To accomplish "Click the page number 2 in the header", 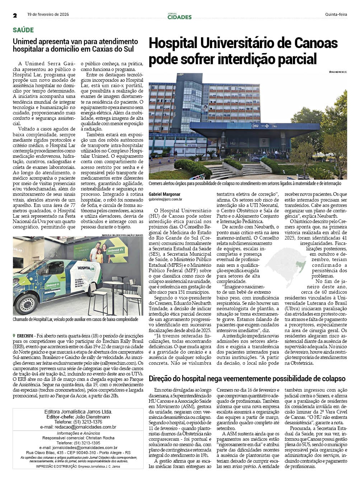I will pos(15,15).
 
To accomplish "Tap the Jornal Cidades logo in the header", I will pos(179,16).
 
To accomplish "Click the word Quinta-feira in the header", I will pos(336,15).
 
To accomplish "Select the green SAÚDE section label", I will pos(23,30).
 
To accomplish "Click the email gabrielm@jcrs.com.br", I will pos(165,199).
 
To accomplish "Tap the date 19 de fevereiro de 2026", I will pos(48,15).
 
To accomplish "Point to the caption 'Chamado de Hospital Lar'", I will pos(75,319).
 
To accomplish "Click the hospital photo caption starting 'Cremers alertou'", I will pos(245,184).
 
